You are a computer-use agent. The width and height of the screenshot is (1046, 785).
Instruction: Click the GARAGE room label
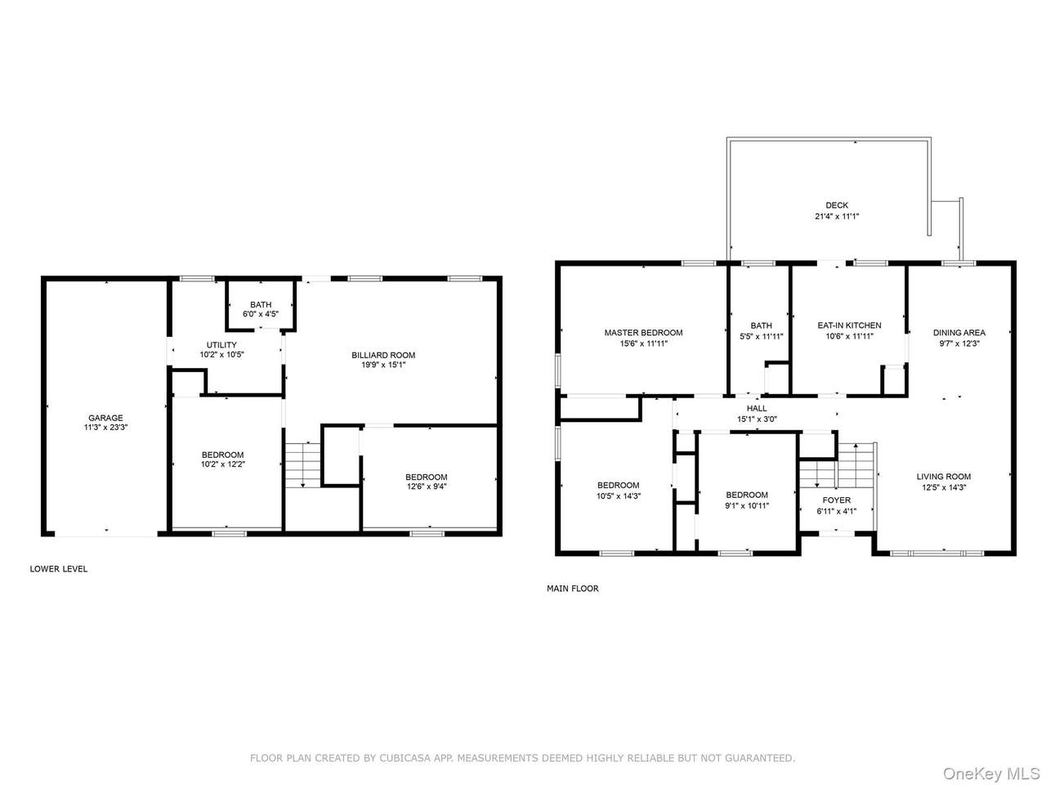point(105,418)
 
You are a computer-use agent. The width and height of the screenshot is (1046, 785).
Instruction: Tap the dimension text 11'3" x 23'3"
point(105,428)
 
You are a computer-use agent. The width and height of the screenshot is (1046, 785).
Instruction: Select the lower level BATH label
point(261,304)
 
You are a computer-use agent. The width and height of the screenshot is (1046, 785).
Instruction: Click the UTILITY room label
point(221,345)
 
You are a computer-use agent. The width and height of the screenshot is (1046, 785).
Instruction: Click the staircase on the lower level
point(302,464)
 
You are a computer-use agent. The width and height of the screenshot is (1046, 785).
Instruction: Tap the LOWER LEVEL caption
point(58,569)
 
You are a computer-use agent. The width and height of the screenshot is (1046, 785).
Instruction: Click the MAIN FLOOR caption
point(572,589)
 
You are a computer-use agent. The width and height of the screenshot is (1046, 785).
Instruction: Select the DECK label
point(836,205)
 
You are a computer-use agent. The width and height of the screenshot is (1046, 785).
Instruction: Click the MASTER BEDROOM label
point(643,333)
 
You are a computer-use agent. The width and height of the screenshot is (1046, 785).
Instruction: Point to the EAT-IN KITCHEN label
point(849,325)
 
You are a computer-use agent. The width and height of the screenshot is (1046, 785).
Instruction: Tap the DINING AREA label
point(959,333)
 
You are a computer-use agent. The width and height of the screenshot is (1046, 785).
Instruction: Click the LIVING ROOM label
point(943,477)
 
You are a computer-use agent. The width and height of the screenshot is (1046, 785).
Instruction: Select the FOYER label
point(836,500)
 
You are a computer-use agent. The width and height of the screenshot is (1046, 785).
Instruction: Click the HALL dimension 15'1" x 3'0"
point(756,419)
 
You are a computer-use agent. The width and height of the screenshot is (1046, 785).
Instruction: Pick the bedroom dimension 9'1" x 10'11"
point(747,505)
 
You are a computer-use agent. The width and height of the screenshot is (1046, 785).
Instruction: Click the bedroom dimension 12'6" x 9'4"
point(426,487)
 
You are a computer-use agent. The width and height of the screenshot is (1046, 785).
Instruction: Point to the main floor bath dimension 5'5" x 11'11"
point(761,336)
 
